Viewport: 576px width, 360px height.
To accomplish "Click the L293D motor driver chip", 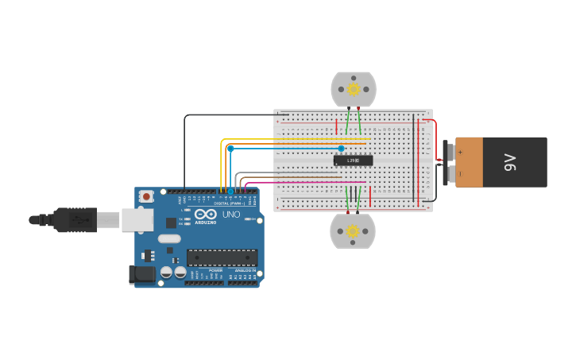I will pos(353,161).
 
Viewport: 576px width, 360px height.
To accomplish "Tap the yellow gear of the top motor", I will pos(353,90).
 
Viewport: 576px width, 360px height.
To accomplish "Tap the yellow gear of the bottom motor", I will pos(353,231).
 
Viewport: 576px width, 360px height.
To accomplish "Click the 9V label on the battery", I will pos(510,162).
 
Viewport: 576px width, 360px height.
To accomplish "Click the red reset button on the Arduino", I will pos(145,196).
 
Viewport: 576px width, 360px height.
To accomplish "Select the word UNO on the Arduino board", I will pos(230,215).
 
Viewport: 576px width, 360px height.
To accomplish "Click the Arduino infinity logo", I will pos(205,215).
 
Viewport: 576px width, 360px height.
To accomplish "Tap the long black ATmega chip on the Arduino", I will pos(222,257).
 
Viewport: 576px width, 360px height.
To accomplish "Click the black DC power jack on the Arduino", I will pos(142,275).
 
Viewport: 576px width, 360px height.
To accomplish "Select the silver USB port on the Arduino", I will pos(137,220).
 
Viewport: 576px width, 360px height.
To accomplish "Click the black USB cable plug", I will pos(75,219).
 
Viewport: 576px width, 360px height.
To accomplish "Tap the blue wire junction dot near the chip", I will pos(342,149).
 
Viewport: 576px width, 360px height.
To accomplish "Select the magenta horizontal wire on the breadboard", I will pos(310,182).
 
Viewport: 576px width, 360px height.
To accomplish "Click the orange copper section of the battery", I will pos(469,162).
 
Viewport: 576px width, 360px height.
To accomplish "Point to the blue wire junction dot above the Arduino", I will pos(230,149).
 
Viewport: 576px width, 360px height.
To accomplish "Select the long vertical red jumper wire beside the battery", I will pos(419,159).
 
